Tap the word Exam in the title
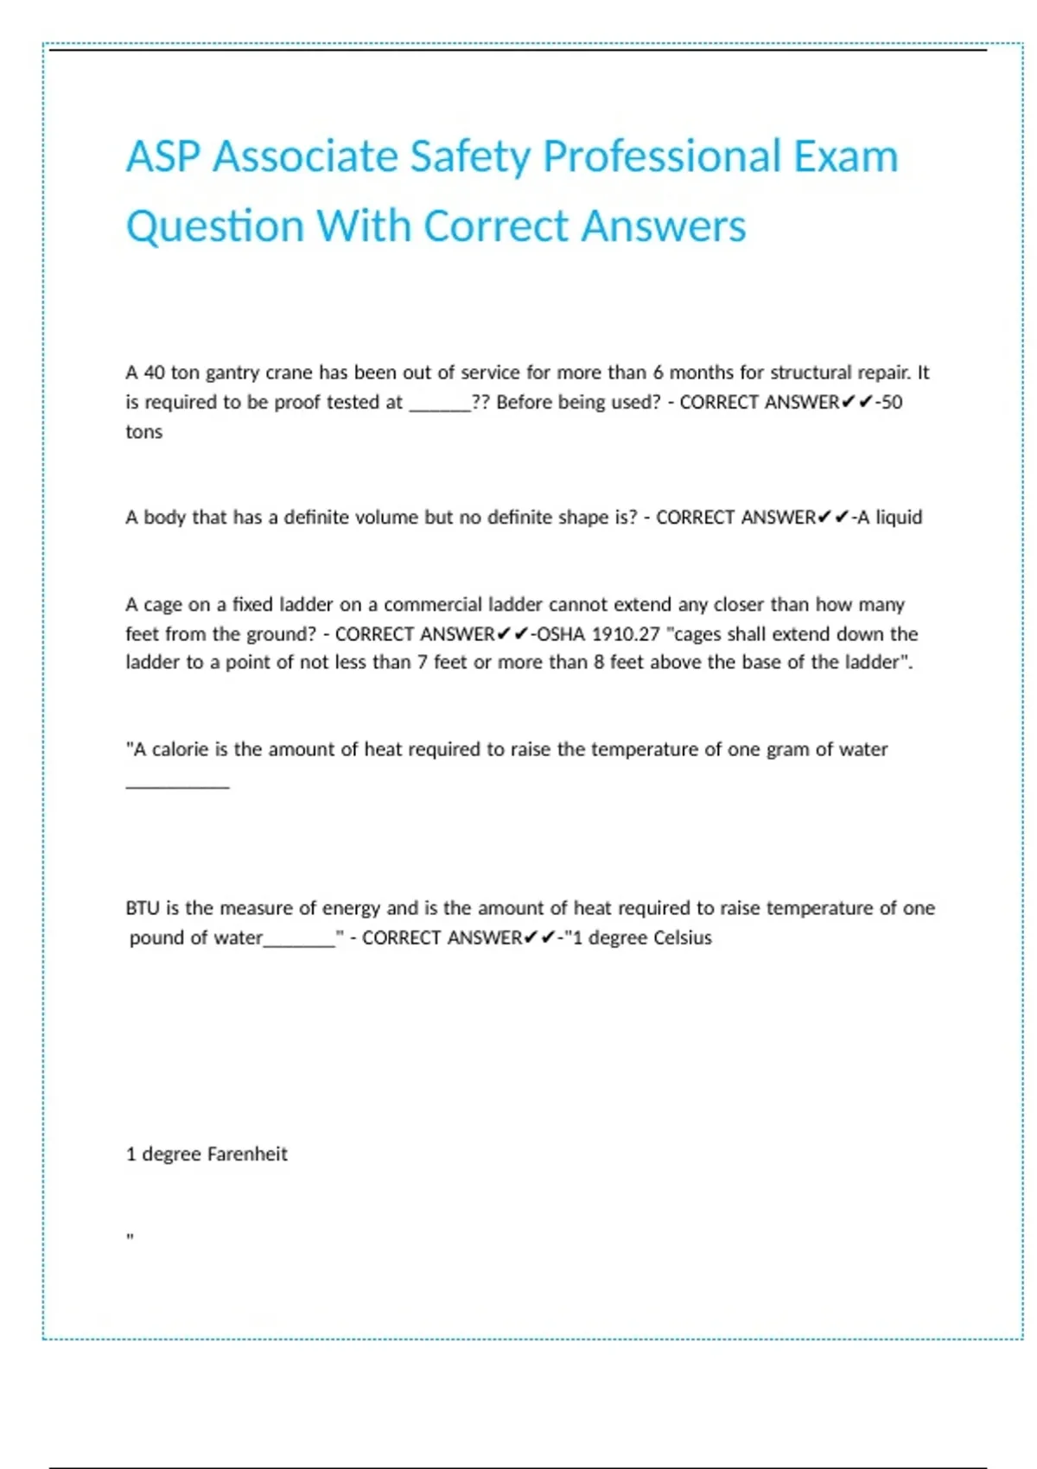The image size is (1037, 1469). click(x=845, y=156)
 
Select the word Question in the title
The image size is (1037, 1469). click(x=214, y=227)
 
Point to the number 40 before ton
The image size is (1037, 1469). click(x=154, y=372)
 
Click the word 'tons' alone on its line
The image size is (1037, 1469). click(x=143, y=432)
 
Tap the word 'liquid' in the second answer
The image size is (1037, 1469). click(x=899, y=517)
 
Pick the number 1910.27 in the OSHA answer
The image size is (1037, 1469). click(x=625, y=633)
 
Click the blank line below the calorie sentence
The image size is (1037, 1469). click(x=177, y=785)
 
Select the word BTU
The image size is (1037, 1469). click(x=142, y=908)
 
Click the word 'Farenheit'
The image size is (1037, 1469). click(x=247, y=1154)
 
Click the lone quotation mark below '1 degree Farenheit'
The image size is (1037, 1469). click(x=130, y=1237)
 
